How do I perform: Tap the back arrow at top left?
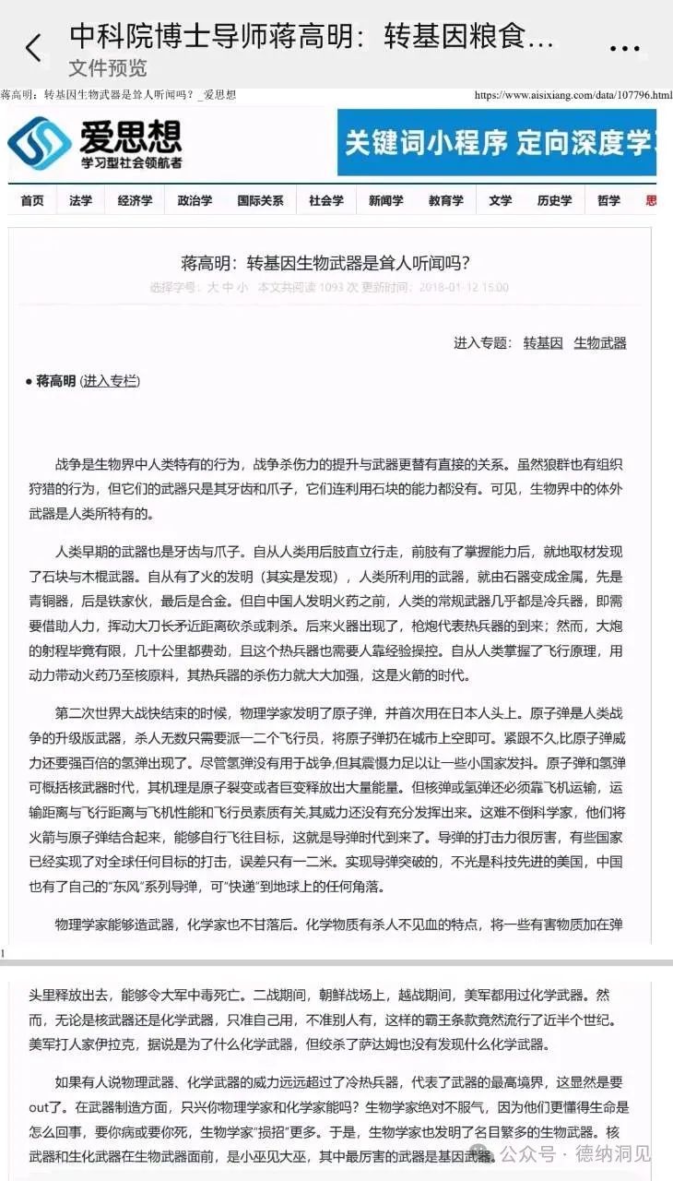click(34, 48)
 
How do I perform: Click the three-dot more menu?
click(624, 49)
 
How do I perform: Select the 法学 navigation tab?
click(80, 200)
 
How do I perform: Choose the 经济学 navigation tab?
click(135, 200)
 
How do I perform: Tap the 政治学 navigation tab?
click(195, 200)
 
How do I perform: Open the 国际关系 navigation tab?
click(260, 200)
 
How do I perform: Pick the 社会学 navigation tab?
click(325, 200)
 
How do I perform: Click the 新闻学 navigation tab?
click(385, 200)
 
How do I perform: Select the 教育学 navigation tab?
click(445, 200)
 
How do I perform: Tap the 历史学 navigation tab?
click(554, 200)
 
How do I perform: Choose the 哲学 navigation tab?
click(608, 200)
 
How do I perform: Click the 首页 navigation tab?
click(32, 200)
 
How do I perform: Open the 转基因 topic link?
click(543, 342)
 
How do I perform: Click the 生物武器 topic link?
click(599, 342)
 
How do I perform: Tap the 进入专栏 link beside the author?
click(110, 380)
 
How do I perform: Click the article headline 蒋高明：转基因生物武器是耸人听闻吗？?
click(331, 261)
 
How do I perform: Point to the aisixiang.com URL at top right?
click(573, 95)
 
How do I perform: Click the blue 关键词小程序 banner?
click(496, 142)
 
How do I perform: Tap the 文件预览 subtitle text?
click(107, 68)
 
